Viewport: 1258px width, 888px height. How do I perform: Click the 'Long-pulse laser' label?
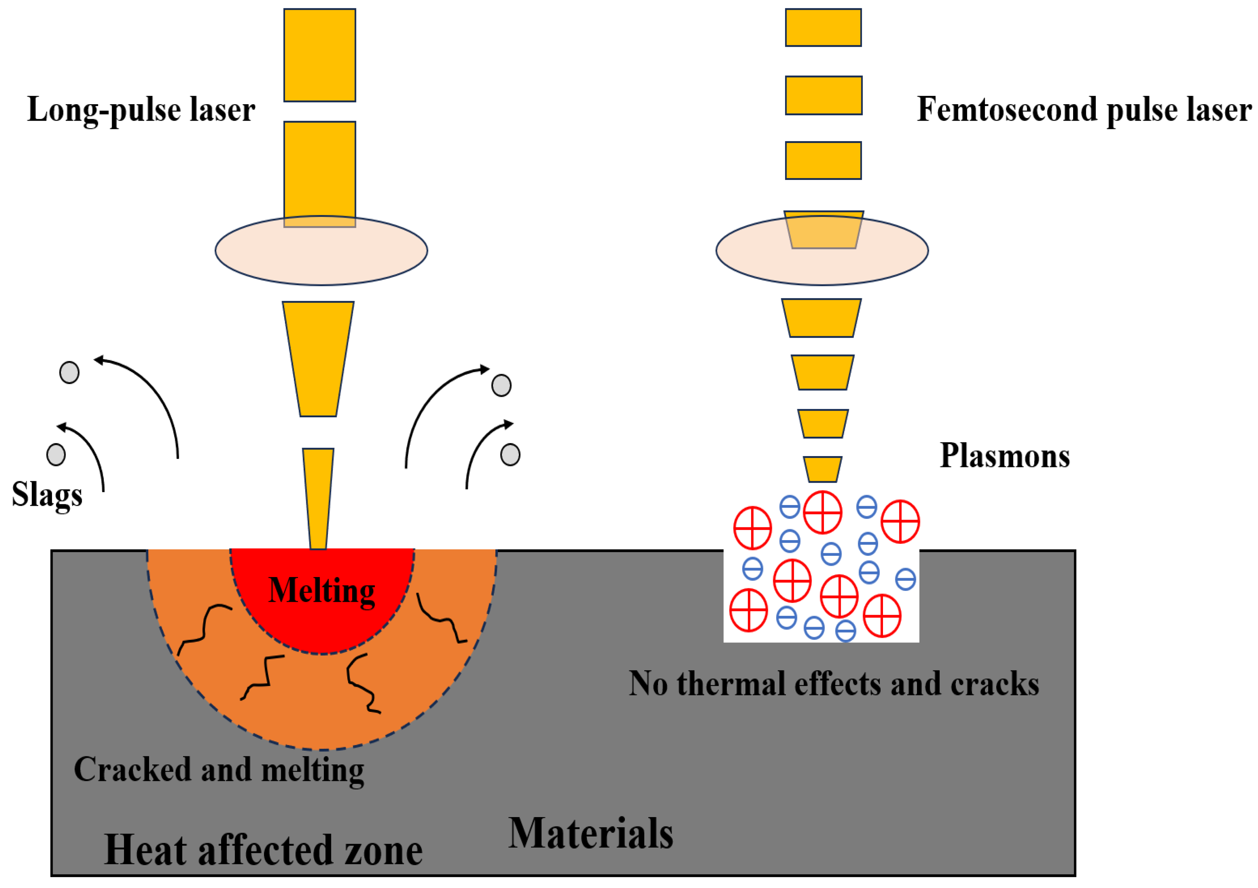coord(141,109)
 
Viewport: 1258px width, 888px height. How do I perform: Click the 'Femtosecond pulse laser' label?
coord(1084,109)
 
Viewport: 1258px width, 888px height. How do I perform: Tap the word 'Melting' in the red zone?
coord(322,591)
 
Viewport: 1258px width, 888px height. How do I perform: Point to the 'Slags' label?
coord(47,494)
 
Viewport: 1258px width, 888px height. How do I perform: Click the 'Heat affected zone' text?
coord(263,850)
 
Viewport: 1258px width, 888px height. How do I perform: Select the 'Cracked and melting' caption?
coord(219,769)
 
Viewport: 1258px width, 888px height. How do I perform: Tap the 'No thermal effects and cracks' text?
coord(833,684)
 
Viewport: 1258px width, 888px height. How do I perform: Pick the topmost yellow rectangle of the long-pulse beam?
coord(319,55)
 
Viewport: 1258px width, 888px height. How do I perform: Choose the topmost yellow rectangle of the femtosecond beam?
coord(823,27)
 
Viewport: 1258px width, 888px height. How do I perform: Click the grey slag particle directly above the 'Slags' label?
coord(56,454)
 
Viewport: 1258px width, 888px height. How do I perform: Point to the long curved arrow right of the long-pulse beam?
coord(433,405)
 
